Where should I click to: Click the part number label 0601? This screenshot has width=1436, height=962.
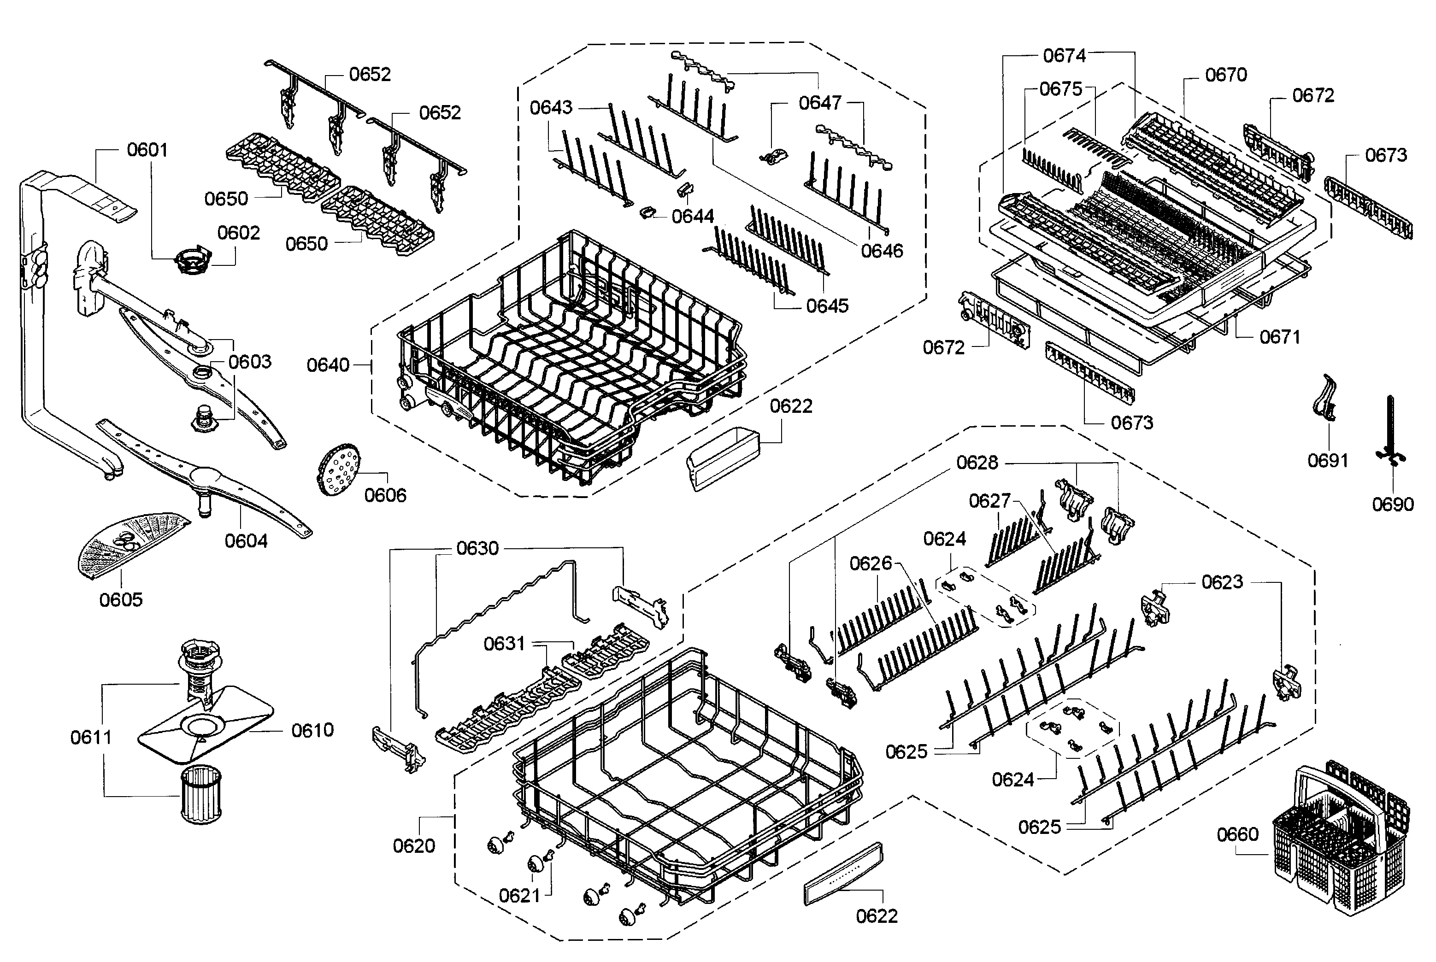(147, 150)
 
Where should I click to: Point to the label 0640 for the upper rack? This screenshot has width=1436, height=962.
(328, 365)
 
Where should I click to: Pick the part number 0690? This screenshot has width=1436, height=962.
(1392, 504)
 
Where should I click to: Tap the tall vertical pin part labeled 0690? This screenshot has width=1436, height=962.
(1390, 429)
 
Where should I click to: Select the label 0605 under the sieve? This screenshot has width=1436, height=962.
(121, 599)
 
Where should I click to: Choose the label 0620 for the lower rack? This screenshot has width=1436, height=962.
(414, 846)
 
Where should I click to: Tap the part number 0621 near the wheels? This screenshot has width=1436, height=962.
(519, 896)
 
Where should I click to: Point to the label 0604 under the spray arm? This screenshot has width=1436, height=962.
(246, 541)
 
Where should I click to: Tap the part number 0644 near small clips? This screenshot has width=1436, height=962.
(692, 216)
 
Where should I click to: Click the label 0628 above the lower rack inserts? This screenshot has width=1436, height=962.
(977, 463)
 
